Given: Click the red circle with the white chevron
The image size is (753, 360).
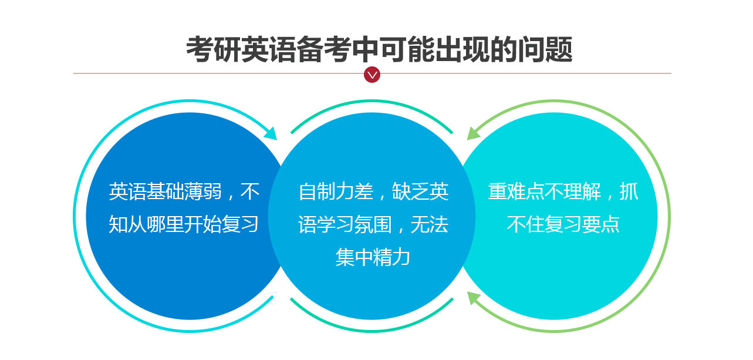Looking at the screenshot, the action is pyautogui.click(x=372, y=75).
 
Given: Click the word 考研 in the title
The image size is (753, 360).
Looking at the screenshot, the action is pyautogui.click(x=214, y=49).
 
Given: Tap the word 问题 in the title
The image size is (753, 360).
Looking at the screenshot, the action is pyautogui.click(x=545, y=49).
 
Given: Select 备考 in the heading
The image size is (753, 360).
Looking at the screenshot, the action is pyautogui.click(x=325, y=49).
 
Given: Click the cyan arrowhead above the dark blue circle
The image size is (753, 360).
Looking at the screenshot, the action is pyautogui.click(x=271, y=133).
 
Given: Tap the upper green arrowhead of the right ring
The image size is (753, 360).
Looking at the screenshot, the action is pyautogui.click(x=474, y=133).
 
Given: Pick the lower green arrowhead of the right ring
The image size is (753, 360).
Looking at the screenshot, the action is pyautogui.click(x=474, y=298).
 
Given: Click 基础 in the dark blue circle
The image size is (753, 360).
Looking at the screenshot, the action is pyautogui.click(x=166, y=191).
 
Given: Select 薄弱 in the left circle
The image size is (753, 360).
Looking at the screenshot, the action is pyautogui.click(x=203, y=191).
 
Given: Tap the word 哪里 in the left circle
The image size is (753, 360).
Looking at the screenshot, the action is pyautogui.click(x=166, y=224).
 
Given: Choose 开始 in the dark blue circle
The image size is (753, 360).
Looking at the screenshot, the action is pyautogui.click(x=203, y=224).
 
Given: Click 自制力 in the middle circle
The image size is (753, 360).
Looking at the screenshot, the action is pyautogui.click(x=326, y=191).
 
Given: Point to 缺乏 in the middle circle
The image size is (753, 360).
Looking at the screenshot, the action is pyautogui.click(x=411, y=191).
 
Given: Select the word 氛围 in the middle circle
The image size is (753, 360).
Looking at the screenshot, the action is pyautogui.click(x=373, y=224).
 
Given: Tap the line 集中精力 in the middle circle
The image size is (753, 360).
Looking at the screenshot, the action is pyautogui.click(x=373, y=257).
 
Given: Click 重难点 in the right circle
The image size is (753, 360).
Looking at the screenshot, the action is pyautogui.click(x=516, y=191).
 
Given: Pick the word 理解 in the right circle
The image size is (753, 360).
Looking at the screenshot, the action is pyautogui.click(x=582, y=191).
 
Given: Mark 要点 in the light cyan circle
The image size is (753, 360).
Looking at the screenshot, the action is pyautogui.click(x=601, y=224).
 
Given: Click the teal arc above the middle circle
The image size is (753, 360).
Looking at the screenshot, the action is pyautogui.click(x=372, y=101).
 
